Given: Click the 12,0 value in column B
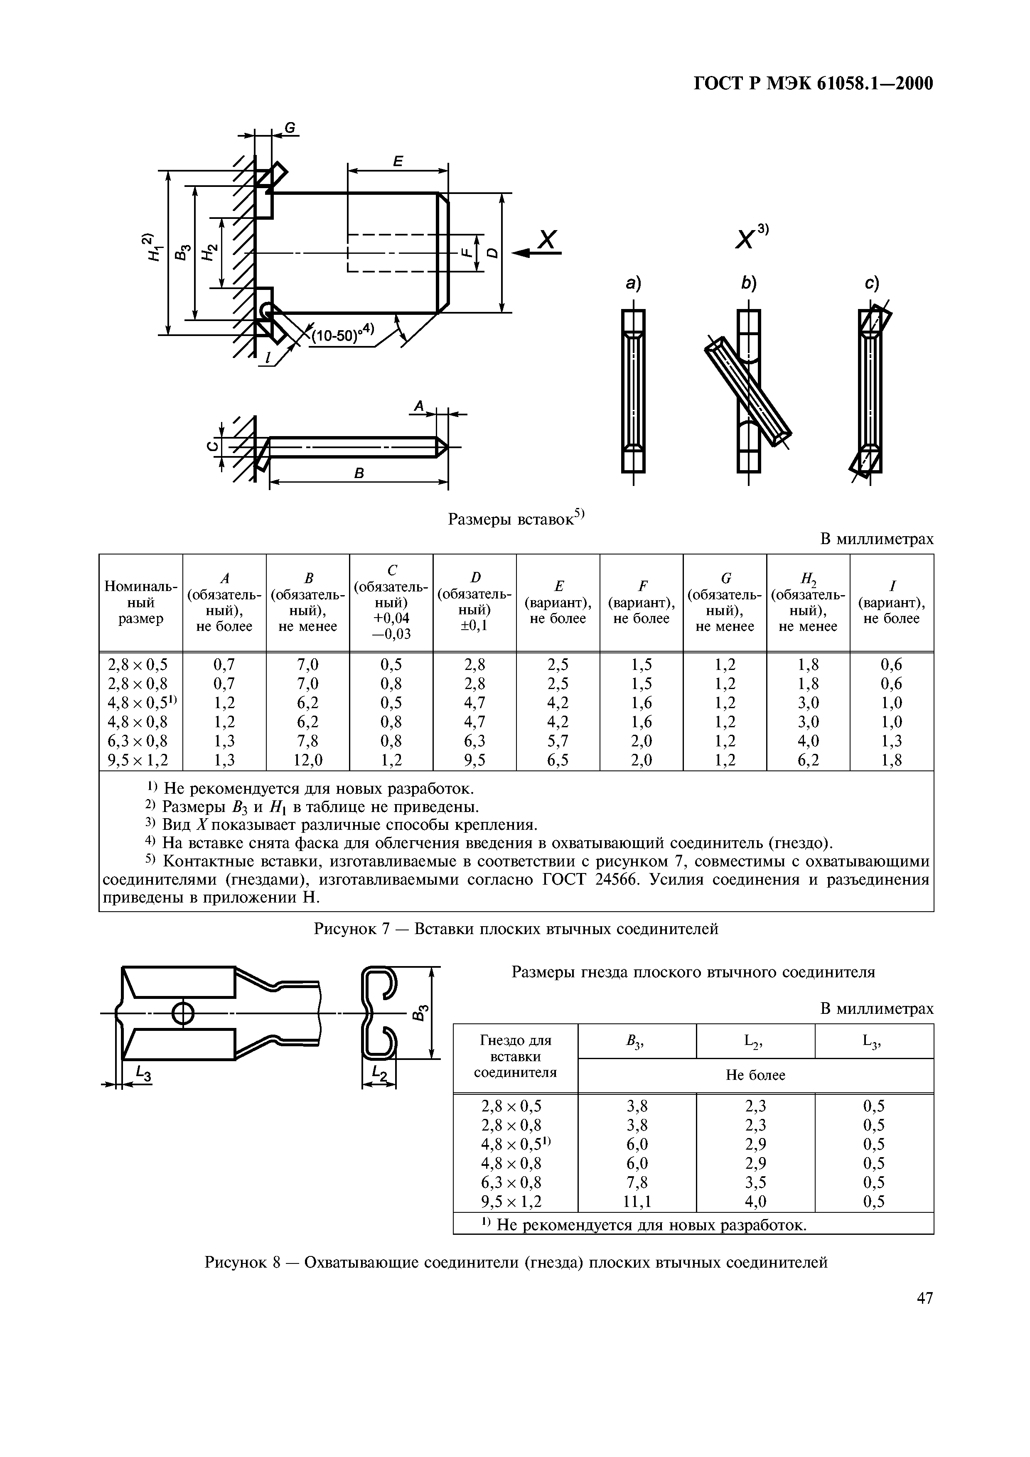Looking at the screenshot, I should pos(308,760).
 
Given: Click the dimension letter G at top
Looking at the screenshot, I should pos(290,128).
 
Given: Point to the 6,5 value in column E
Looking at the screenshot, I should pos(558,760).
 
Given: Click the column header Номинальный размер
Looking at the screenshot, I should pos(141,601).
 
